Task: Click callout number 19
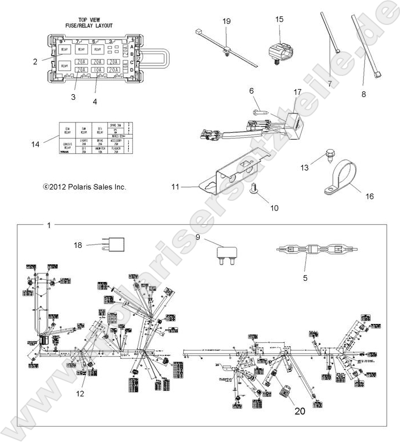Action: pos(226,21)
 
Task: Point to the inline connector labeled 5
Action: pos(307,250)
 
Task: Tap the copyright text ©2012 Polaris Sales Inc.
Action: pos(84,187)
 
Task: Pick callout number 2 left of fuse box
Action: pos(35,61)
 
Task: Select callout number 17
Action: pos(298,91)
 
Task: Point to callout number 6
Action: pos(251,90)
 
